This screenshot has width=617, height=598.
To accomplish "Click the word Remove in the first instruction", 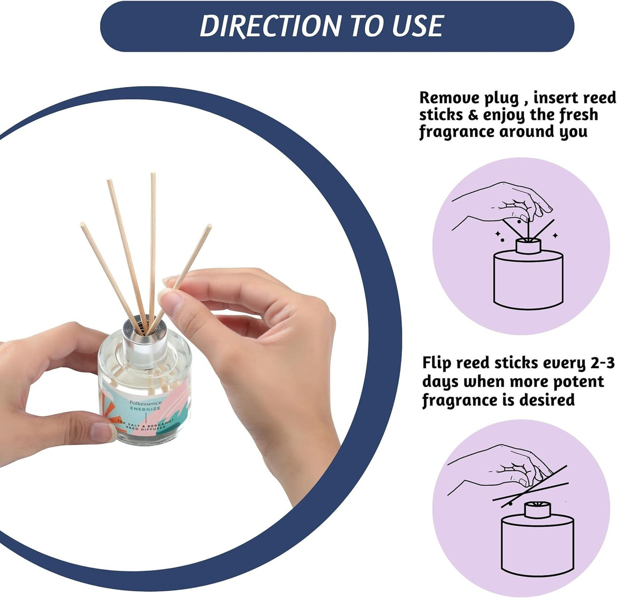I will [449, 98].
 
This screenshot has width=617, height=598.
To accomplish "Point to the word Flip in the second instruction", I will [437, 363].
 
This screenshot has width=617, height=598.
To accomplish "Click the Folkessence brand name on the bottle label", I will [146, 403].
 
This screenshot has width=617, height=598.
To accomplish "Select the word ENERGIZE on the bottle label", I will [145, 409].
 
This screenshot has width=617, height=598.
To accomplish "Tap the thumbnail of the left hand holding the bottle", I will [104, 432].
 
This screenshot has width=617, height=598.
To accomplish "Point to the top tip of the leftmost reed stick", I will [82, 225].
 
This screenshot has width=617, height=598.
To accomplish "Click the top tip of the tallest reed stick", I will [153, 175].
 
